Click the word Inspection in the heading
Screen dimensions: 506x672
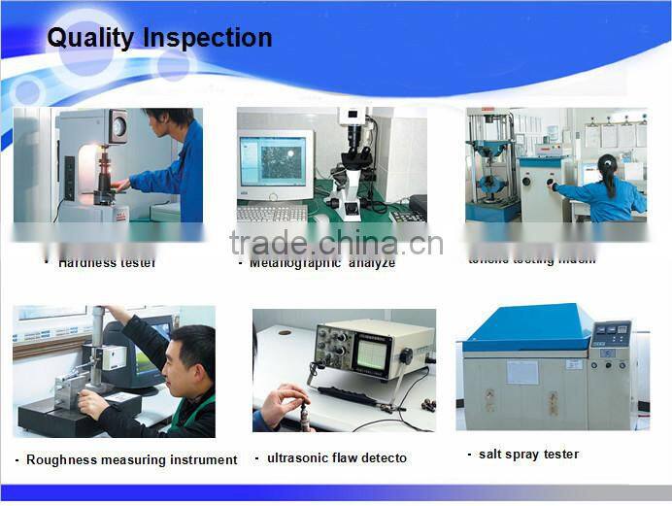coord(208,38)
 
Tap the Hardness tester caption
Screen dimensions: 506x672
coord(106,262)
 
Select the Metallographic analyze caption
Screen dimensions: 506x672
coord(321,262)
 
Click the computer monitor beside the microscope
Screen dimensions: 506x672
coord(275,161)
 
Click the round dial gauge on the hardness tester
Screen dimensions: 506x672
coord(118,124)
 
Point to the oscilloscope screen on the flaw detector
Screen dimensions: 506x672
coord(373,352)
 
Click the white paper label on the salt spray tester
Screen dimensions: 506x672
coord(521,373)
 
